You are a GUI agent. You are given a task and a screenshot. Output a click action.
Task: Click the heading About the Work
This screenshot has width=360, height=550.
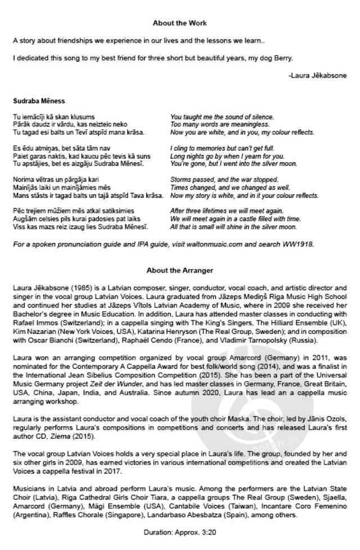[179, 23]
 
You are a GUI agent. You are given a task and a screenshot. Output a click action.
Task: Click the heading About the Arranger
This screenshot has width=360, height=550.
[179, 270]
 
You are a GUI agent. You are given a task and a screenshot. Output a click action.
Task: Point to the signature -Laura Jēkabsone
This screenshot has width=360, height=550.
[317, 75]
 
